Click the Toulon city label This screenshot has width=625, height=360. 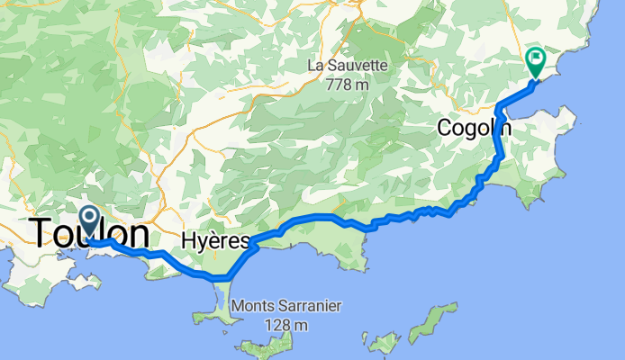[90, 235]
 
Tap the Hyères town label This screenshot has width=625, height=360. [214, 241]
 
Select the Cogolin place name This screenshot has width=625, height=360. [474, 128]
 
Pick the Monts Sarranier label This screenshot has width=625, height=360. [285, 306]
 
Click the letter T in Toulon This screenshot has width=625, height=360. [41, 235]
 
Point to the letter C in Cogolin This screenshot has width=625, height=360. [445, 128]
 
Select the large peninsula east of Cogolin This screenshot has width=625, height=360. [549, 135]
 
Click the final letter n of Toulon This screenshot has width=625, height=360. [137, 235]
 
